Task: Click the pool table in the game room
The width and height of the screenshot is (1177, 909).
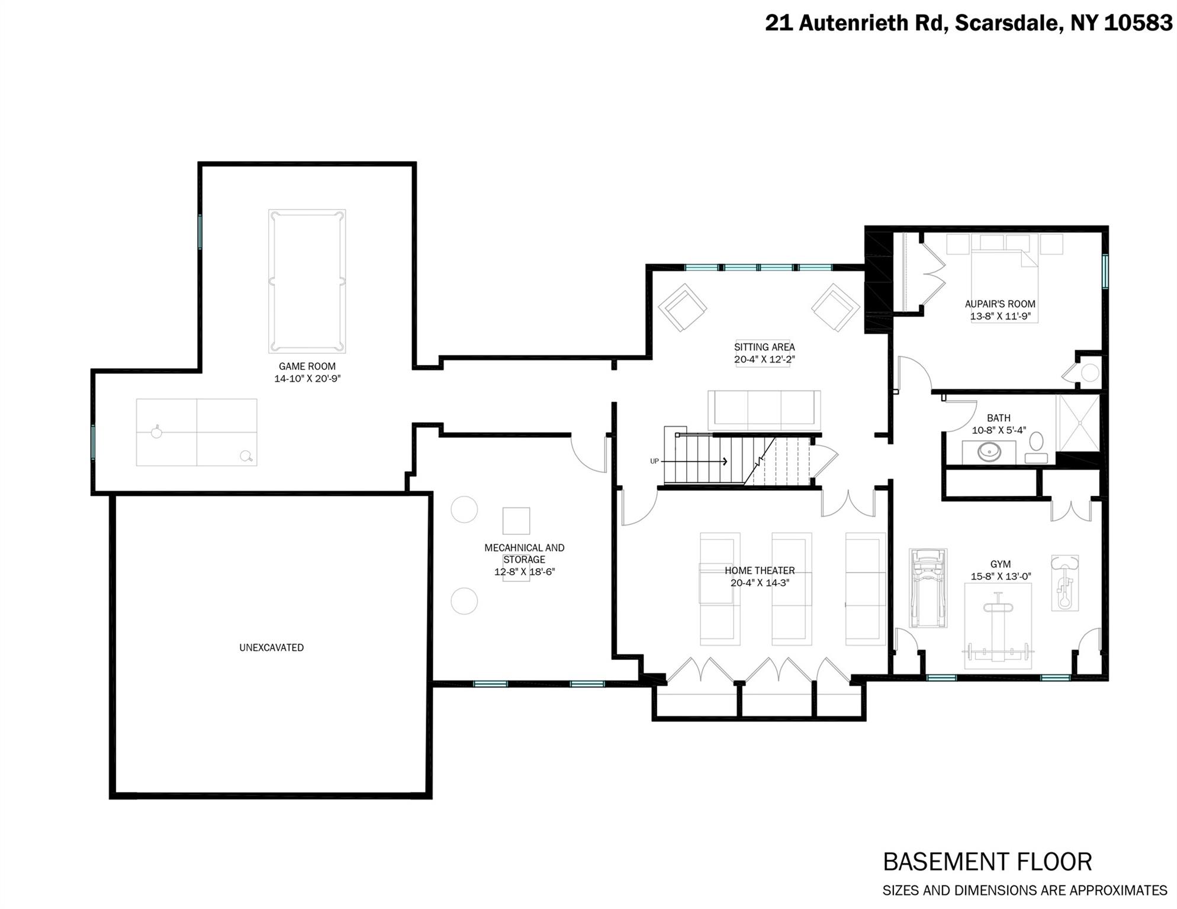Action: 307,281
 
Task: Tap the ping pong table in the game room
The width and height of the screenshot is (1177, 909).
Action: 197,433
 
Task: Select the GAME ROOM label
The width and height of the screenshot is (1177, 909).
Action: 307,366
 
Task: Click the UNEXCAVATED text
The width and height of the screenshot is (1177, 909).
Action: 271,647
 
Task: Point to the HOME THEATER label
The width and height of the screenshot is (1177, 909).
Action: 760,570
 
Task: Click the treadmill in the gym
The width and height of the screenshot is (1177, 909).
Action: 928,588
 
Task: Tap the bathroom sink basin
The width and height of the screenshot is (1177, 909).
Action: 989,453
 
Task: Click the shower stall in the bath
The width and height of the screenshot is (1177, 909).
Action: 1079,423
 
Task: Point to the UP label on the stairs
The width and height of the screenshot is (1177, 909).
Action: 654,461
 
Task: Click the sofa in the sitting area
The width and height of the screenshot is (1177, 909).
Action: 764,410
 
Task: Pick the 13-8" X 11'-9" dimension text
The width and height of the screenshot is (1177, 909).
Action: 1000,317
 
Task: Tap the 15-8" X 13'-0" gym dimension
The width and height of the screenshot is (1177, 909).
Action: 1000,576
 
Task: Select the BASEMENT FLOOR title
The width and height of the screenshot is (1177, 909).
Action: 987,862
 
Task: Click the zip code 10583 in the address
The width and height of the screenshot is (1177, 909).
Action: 1137,23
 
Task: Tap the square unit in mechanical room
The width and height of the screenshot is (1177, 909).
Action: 516,521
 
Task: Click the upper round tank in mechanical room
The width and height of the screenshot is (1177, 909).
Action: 464,509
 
